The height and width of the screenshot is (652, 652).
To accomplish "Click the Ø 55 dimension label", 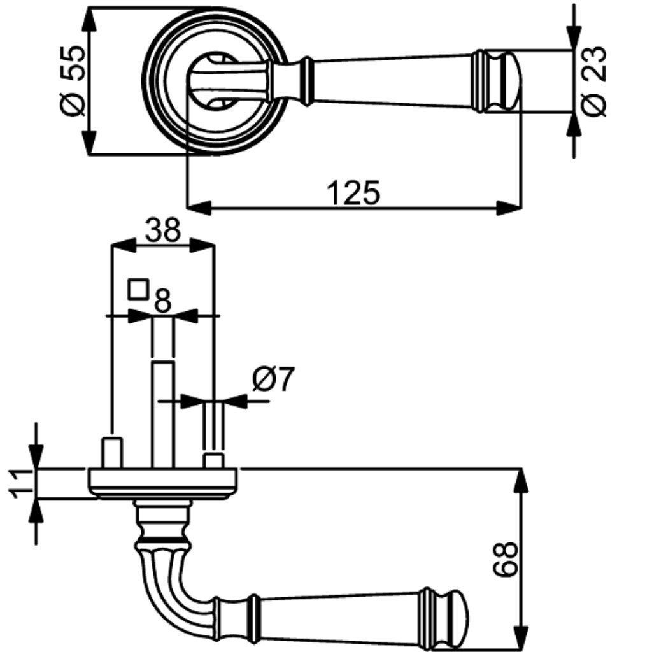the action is coord(73,81).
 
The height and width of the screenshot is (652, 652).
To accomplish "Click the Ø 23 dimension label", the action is coord(593,81).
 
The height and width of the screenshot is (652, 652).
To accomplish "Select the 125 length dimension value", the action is coord(353,193).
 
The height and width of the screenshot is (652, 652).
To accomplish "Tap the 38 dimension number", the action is coord(163,230).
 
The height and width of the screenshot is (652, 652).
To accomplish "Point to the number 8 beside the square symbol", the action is coord(162,301).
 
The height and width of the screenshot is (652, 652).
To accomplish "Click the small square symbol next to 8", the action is coord(138,290).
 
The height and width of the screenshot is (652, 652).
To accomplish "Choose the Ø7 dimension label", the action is coord(273,379).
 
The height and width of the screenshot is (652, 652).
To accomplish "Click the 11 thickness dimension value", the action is coord(21,483).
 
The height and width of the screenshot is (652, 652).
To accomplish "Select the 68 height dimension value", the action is coord(505,559).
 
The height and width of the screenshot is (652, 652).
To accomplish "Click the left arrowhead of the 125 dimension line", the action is coord(199,208).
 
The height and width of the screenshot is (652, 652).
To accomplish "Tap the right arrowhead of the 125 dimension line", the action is coord(509,208).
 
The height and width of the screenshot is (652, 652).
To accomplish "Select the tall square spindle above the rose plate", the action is coord(162,415).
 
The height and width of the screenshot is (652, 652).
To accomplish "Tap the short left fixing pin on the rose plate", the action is coord(112,453).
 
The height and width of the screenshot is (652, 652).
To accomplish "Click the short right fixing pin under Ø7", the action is coord(214,461).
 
